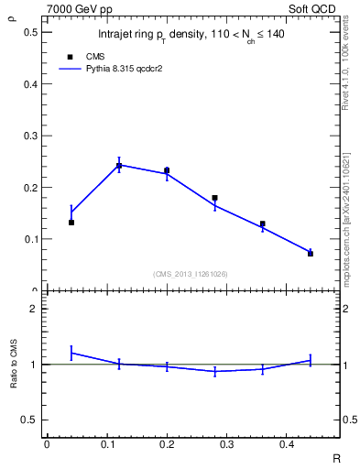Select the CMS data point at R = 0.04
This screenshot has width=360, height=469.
pos(71,222)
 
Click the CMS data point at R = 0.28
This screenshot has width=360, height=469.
pos(214,198)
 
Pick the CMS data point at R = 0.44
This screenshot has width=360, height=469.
pos(311,253)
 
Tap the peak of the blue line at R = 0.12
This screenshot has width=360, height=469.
pos(119,165)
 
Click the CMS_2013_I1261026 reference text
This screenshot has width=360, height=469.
pos(191,274)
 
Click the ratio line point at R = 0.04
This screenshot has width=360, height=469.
pos(71,353)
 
